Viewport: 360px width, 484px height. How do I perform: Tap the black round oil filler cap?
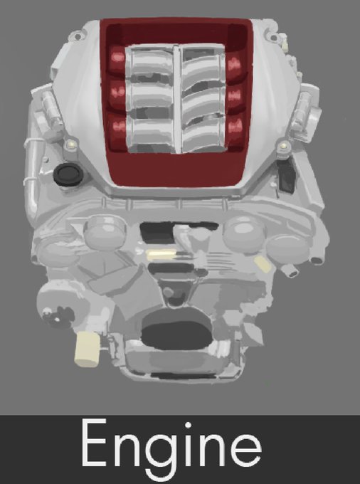(x=68, y=174)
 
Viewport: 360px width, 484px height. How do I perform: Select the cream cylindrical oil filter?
(x=88, y=349)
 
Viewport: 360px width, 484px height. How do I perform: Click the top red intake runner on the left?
(x=117, y=58)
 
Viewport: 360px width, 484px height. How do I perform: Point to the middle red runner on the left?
(x=117, y=92)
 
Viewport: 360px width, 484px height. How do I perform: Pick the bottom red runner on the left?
(x=118, y=127)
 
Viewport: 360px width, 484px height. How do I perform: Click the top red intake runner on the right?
(x=234, y=65)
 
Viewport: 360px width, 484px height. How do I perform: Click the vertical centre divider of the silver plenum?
(x=177, y=100)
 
